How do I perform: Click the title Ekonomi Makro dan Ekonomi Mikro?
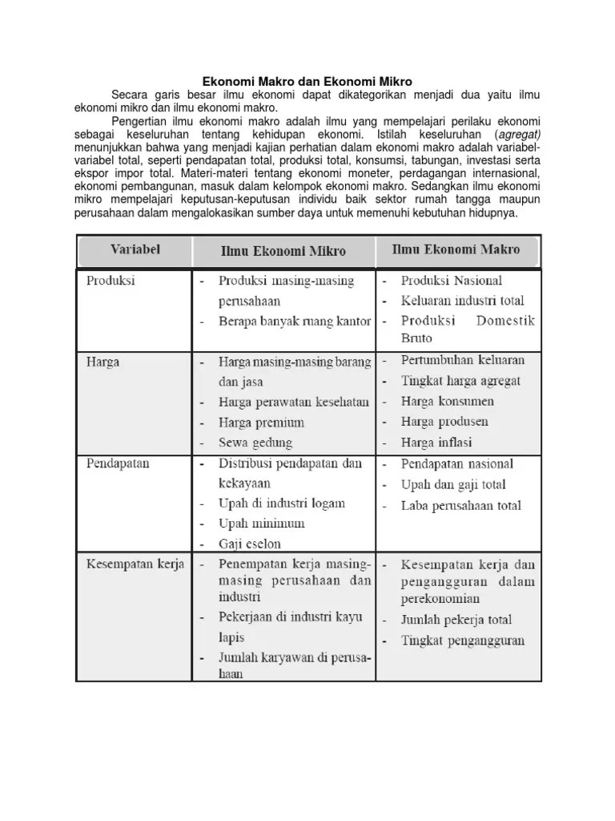coord(307,81)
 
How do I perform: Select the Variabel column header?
coord(135,249)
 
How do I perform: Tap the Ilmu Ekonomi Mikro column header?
coord(283,251)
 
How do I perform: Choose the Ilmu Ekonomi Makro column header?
coord(455,249)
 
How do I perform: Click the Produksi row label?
coord(111,281)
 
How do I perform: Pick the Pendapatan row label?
coord(118,463)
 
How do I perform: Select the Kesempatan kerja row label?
coord(135,564)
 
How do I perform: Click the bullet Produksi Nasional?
coord(452,281)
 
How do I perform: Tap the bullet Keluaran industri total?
coord(463,301)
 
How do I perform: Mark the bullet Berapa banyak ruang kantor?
coord(295,322)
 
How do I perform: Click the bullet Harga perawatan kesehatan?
coord(294,402)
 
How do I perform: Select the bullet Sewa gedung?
coord(255,442)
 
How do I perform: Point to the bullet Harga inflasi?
coord(436,442)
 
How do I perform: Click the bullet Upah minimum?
coord(262,524)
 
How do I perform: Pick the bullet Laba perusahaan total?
coord(461,505)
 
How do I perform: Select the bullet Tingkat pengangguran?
coord(463,640)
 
